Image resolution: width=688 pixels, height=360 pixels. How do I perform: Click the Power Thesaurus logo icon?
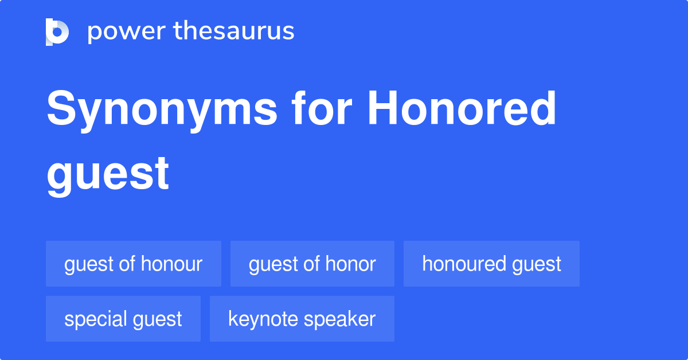57,32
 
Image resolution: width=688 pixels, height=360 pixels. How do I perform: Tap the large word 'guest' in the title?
108,173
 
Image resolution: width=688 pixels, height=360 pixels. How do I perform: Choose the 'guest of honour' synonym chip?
134,264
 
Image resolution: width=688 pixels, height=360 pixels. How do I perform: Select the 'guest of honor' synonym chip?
312,264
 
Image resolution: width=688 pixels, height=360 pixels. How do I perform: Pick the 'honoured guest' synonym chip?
491,264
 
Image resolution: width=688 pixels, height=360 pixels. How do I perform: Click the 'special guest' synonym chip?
123,319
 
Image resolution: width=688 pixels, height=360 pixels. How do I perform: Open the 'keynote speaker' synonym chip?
302,319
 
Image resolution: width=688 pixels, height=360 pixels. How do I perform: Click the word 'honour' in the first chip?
171,264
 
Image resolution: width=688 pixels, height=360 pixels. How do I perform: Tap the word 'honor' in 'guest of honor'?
350,264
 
